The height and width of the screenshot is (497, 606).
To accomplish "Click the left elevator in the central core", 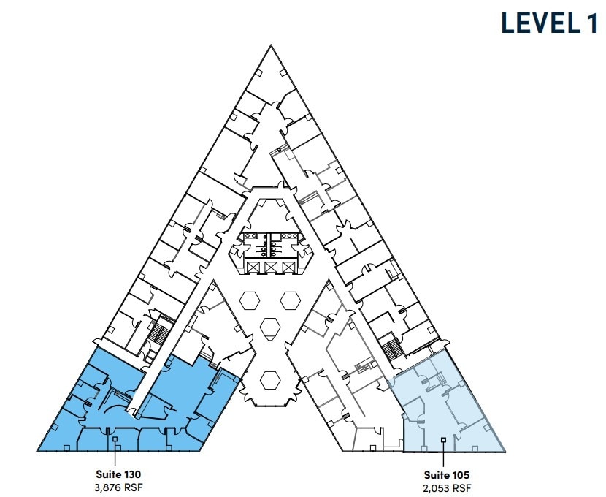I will point(253,268).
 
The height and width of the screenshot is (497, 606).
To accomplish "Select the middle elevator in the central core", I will point(272,268).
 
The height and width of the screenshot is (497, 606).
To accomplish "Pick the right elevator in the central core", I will point(290,268).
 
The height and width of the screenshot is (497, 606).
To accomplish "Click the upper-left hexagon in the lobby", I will point(252,299).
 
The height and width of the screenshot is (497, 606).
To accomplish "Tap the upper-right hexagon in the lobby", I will point(291,299).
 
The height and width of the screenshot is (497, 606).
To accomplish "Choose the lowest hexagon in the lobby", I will point(272,380).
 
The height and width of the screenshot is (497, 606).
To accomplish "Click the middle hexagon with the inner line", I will point(272,327).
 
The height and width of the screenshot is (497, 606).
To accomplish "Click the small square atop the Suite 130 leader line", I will point(116,439).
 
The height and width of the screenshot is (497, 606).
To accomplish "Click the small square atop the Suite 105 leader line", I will point(444,439).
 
